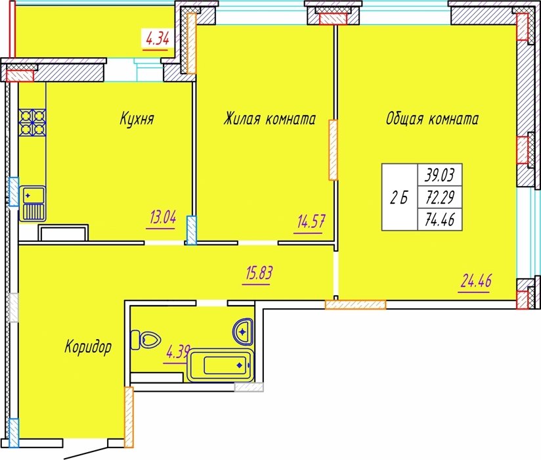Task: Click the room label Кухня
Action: pyautogui.click(x=137, y=119)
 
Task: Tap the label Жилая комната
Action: pyautogui.click(x=269, y=118)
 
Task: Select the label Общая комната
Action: pyautogui.click(x=432, y=118)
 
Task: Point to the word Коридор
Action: pyautogui.click(x=88, y=346)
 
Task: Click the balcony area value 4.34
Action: pyautogui.click(x=158, y=38)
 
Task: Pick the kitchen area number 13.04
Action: pyautogui.click(x=163, y=218)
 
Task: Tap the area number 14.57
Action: pyautogui.click(x=311, y=221)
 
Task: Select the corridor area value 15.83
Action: pyautogui.click(x=259, y=273)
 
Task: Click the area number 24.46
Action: pyautogui.click(x=476, y=281)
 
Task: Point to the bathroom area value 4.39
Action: pyautogui.click(x=177, y=353)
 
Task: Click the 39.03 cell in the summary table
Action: pyautogui.click(x=440, y=175)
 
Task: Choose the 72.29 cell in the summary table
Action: pyautogui.click(x=440, y=197)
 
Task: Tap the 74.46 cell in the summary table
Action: pyautogui.click(x=440, y=219)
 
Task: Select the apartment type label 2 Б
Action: pyautogui.click(x=399, y=198)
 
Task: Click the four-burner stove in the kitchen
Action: pyautogui.click(x=33, y=122)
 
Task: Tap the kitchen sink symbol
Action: pyautogui.click(x=32, y=203)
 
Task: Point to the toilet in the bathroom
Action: pyautogui.click(x=146, y=340)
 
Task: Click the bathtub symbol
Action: pyautogui.click(x=220, y=365)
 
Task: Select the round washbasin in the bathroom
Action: pyautogui.click(x=243, y=332)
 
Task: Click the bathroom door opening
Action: pyautogui.click(x=212, y=303)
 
